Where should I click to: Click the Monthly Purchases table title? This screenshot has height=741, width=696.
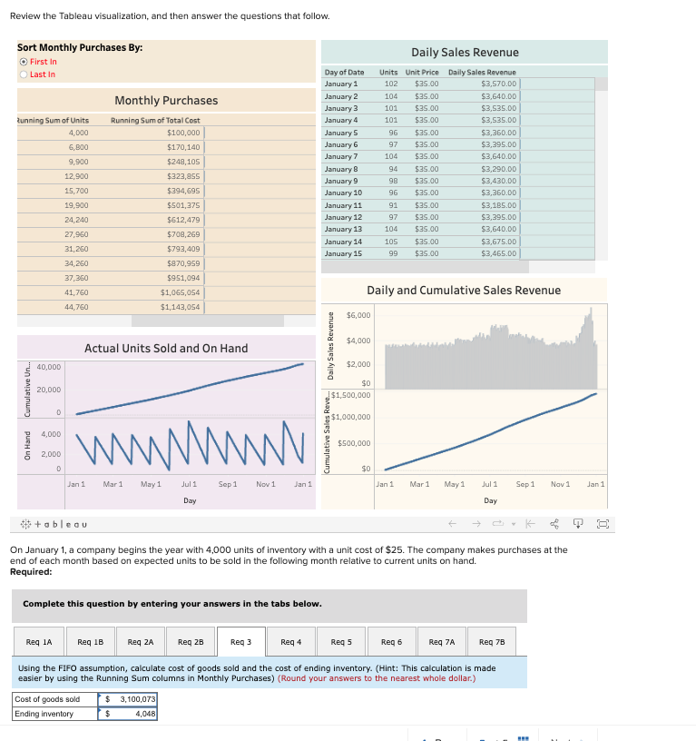point(165,100)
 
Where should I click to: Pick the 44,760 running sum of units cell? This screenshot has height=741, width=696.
point(76,307)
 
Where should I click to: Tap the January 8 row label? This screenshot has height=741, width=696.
point(341,169)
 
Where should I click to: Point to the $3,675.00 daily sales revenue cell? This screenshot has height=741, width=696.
point(499,242)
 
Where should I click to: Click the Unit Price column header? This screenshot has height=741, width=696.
point(422,72)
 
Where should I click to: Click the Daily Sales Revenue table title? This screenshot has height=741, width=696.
point(465,53)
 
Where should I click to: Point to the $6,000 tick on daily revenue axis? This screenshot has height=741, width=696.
point(358,315)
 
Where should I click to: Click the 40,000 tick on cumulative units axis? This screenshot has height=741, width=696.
point(49,367)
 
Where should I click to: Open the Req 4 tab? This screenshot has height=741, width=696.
point(291,641)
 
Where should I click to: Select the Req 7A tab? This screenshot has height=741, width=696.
point(442,641)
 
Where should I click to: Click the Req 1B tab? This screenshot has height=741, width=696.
point(90,641)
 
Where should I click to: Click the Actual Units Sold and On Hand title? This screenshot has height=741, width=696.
point(165,348)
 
